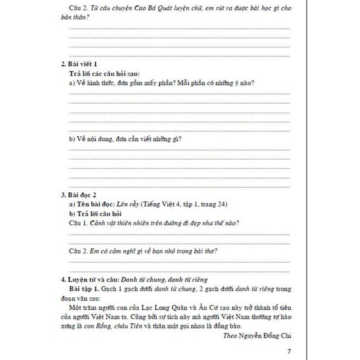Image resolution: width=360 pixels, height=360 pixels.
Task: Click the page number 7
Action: click(x=289, y=351)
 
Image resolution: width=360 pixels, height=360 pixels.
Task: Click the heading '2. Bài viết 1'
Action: click(x=79, y=64)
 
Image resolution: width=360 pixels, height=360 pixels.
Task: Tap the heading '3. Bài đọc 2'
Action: click(x=78, y=195)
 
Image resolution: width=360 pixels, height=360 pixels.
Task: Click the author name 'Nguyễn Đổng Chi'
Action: click(x=265, y=336)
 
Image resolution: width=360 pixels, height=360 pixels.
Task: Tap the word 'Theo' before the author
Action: click(x=230, y=336)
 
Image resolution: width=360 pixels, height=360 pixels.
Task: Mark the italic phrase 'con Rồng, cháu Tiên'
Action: click(x=113, y=326)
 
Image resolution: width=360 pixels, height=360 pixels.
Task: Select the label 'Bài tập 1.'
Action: click(x=84, y=289)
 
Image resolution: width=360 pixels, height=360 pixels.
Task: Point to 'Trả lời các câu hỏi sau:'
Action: click(x=104, y=74)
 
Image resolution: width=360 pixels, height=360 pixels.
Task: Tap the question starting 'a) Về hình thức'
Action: click(x=161, y=83)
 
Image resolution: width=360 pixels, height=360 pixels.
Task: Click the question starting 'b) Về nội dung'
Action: click(x=125, y=139)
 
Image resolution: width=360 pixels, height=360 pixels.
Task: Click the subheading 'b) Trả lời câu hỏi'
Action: click(x=95, y=214)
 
